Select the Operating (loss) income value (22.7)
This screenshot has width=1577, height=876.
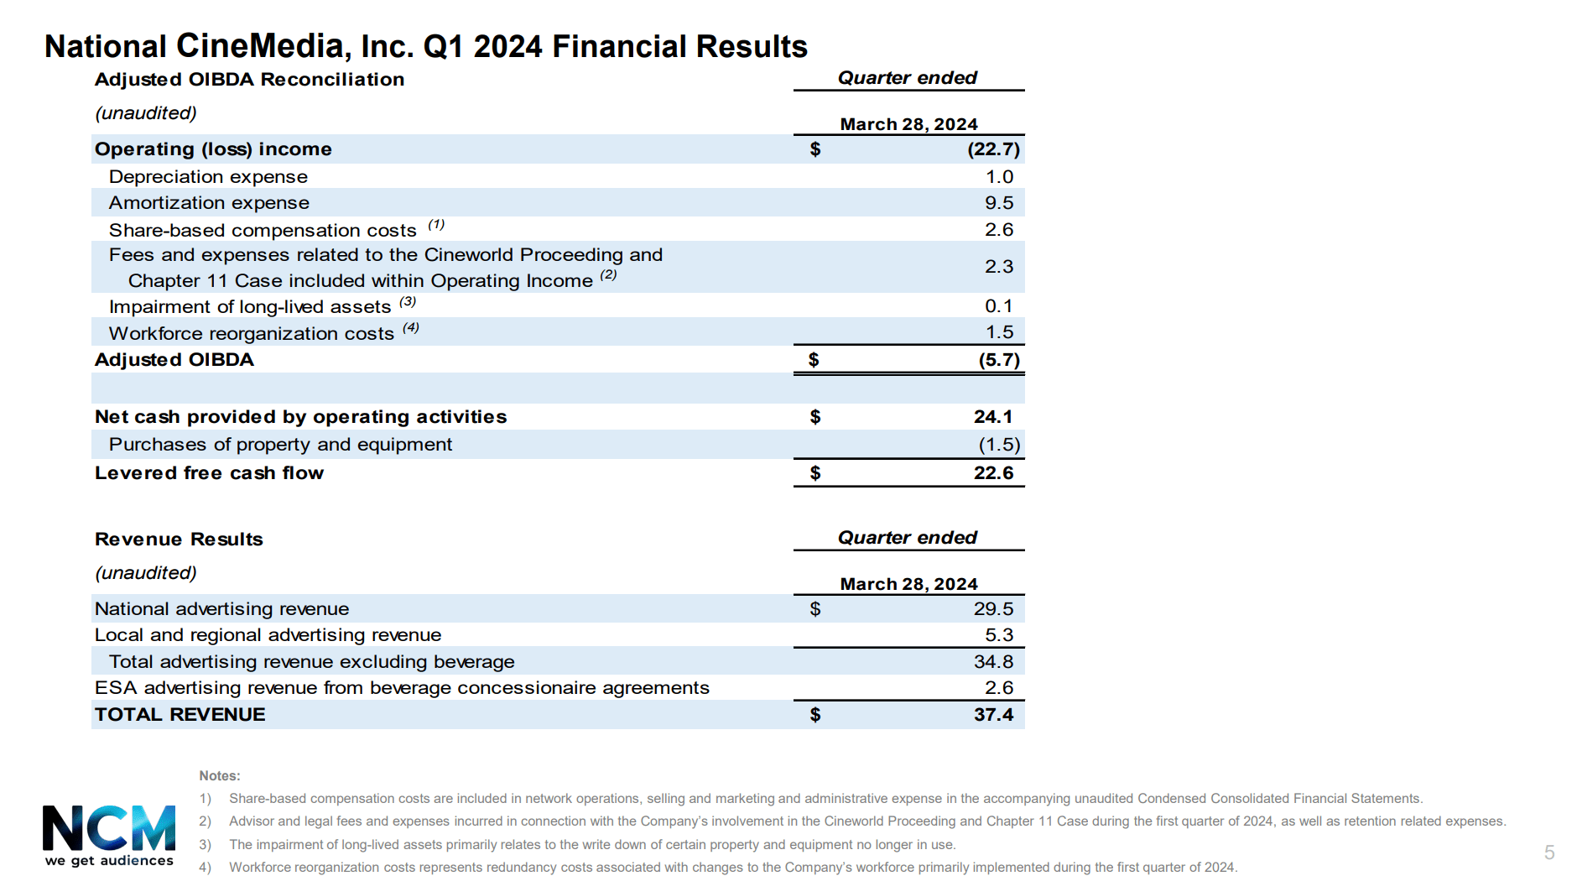coord(993,149)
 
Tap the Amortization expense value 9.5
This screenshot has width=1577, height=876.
coord(999,203)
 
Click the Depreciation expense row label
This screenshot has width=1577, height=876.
coord(208,177)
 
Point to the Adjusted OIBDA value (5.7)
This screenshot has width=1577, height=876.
coord(999,360)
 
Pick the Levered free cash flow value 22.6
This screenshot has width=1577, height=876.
coord(993,473)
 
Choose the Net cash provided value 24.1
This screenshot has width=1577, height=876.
coord(993,417)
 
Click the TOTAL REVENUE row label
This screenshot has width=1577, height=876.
coord(180,715)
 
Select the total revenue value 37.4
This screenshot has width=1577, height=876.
coord(993,715)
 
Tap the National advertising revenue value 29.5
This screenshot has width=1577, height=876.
coord(993,609)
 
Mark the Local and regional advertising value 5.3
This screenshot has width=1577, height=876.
coord(999,635)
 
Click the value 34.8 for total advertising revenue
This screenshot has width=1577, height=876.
coord(993,662)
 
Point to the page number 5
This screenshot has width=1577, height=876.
coord(1549,853)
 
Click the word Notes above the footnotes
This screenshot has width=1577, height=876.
coord(220,776)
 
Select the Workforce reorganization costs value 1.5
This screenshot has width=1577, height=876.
coord(999,332)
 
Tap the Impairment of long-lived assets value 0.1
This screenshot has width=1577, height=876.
coord(998,306)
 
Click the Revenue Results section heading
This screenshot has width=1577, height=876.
coord(179,540)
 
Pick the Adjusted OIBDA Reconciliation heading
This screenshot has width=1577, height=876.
coord(249,80)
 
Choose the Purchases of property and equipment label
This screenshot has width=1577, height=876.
coord(280,445)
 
